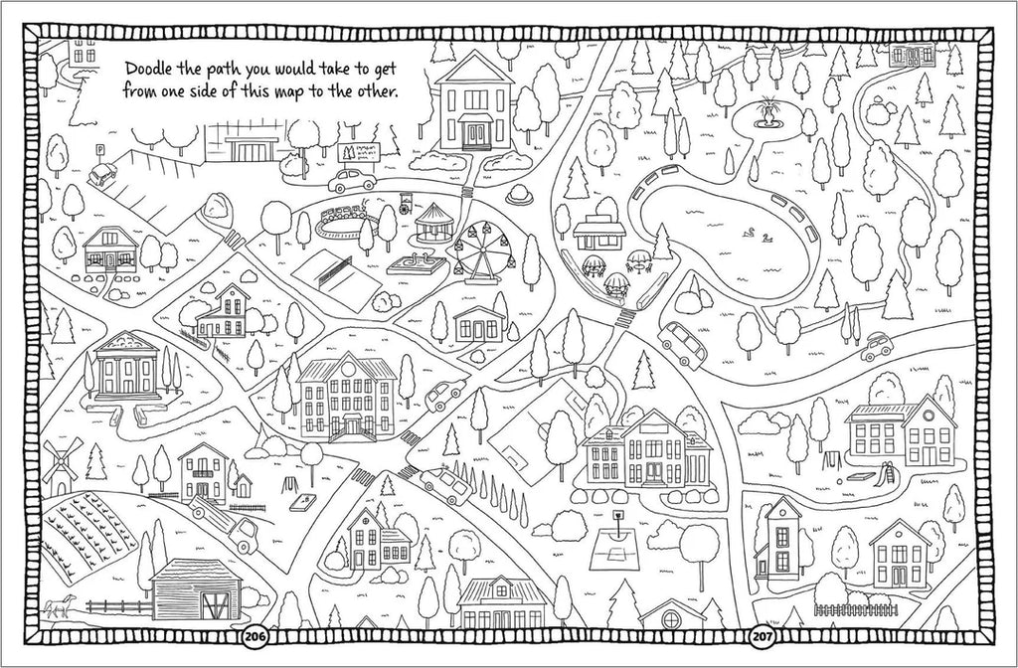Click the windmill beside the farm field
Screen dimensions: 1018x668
pyautogui.click(x=58, y=464)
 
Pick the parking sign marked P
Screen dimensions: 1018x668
pyautogui.click(x=99, y=150)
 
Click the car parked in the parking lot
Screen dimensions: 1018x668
pyautogui.click(x=102, y=175)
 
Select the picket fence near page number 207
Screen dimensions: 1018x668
pyautogui.click(x=854, y=608)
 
